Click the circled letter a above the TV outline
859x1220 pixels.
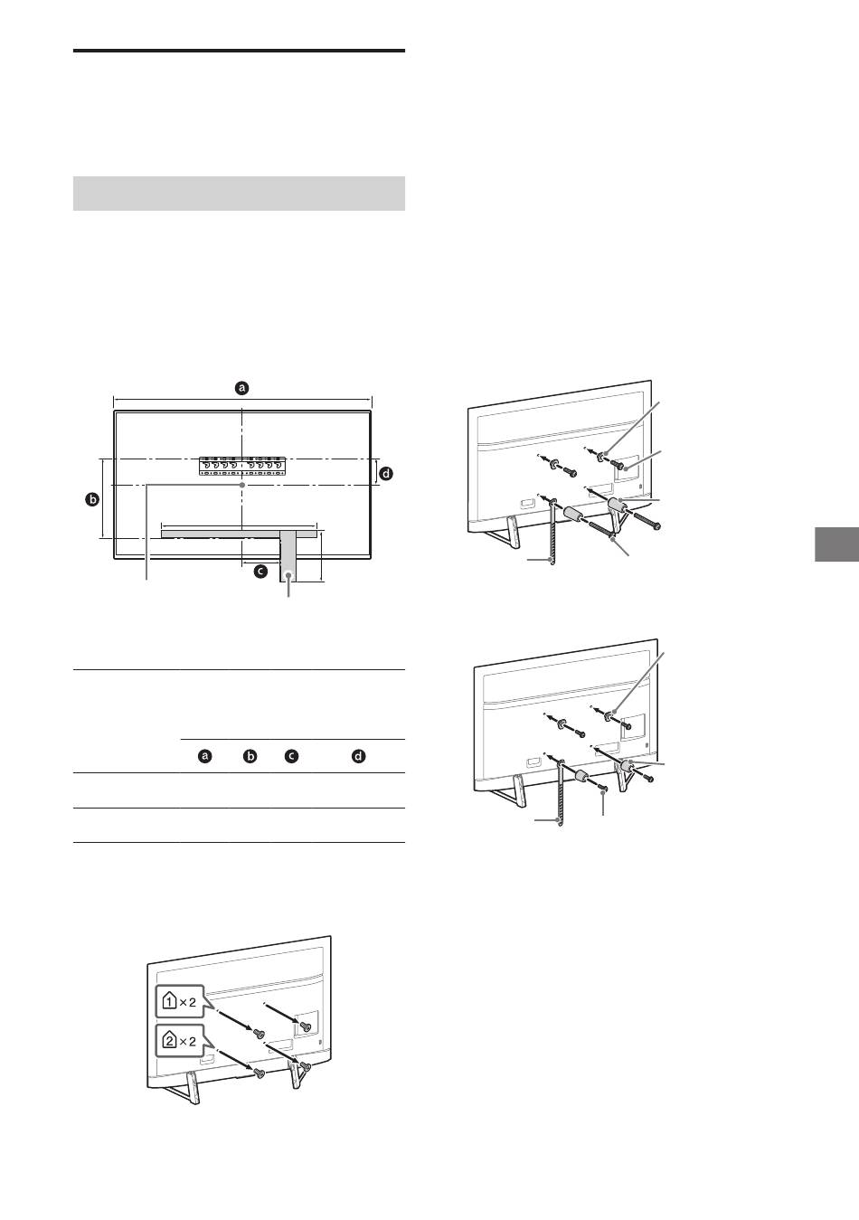point(241,388)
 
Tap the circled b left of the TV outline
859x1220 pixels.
point(92,499)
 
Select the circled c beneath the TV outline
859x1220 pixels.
point(261,572)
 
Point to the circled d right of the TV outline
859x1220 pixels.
point(386,474)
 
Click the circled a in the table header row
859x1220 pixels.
point(205,757)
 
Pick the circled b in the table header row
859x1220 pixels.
point(250,757)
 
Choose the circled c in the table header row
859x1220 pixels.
point(292,757)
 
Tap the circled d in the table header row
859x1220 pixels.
point(358,757)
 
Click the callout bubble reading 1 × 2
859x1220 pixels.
point(180,1002)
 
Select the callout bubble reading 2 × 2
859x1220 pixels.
point(180,1041)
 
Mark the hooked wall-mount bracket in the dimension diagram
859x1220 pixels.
point(241,467)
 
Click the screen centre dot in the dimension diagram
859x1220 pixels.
point(241,484)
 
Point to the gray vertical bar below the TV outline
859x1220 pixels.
point(288,556)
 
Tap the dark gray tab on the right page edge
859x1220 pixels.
point(836,544)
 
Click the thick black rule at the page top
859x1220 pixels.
point(239,52)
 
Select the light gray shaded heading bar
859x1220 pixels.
point(239,194)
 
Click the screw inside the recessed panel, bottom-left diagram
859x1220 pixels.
point(305,1026)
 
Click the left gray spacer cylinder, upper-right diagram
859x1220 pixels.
point(573,514)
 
